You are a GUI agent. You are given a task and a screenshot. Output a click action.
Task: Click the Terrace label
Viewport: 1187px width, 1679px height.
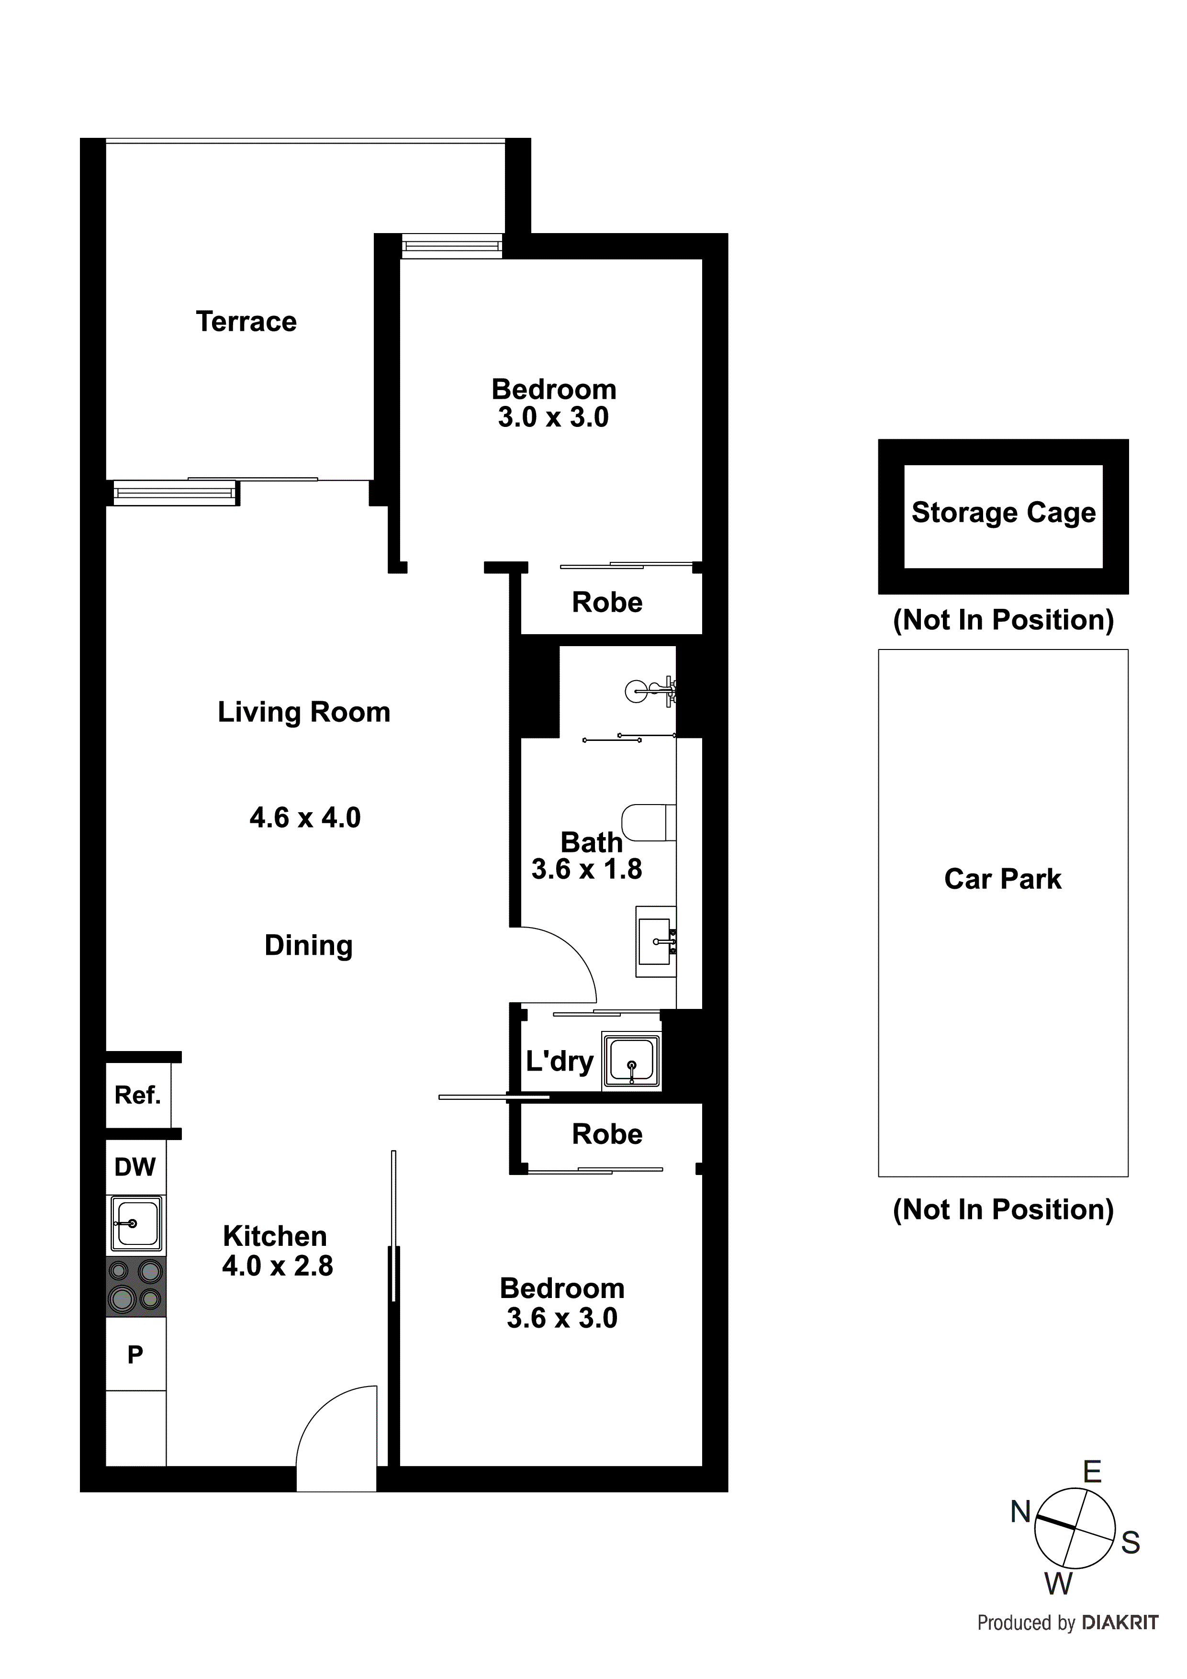pyautogui.click(x=246, y=322)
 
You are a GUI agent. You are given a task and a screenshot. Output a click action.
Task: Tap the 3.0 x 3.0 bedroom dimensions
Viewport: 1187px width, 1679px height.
pyautogui.click(x=554, y=417)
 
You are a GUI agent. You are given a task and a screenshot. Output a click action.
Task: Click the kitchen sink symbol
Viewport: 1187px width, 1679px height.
pyautogui.click(x=135, y=1223)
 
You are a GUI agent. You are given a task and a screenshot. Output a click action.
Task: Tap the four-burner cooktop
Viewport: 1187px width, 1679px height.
pyautogui.click(x=135, y=1287)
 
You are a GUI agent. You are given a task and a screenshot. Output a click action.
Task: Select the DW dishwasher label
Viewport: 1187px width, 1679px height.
pyautogui.click(x=135, y=1167)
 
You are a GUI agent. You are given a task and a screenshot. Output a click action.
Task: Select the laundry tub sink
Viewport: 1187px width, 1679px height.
pyautogui.click(x=630, y=1062)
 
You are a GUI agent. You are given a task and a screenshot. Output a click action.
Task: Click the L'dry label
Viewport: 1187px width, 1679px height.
pyautogui.click(x=560, y=1061)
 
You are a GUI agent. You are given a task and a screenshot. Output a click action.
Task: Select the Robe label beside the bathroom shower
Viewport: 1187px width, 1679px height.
pyautogui.click(x=607, y=603)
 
